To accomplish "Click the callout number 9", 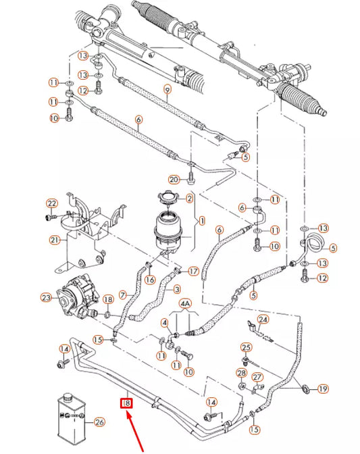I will pyautogui.click(x=168, y=90).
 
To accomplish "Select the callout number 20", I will pyautogui.click(x=174, y=179).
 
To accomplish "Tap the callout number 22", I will pyautogui.click(x=51, y=204).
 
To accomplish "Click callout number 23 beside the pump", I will pyautogui.click(x=46, y=297).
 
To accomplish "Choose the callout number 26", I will pyautogui.click(x=100, y=424).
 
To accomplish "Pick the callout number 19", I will pyautogui.click(x=323, y=388).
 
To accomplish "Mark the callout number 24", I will pyautogui.click(x=263, y=320).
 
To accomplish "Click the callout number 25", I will pyautogui.click(x=247, y=347).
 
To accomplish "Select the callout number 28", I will pyautogui.click(x=241, y=374).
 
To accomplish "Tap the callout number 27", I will pyautogui.click(x=257, y=378).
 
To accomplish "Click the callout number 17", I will pyautogui.click(x=193, y=272).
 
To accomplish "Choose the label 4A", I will pyautogui.click(x=185, y=304).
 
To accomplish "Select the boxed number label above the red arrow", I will pyautogui.click(x=126, y=405).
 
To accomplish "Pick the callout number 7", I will pyautogui.click(x=124, y=295).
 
